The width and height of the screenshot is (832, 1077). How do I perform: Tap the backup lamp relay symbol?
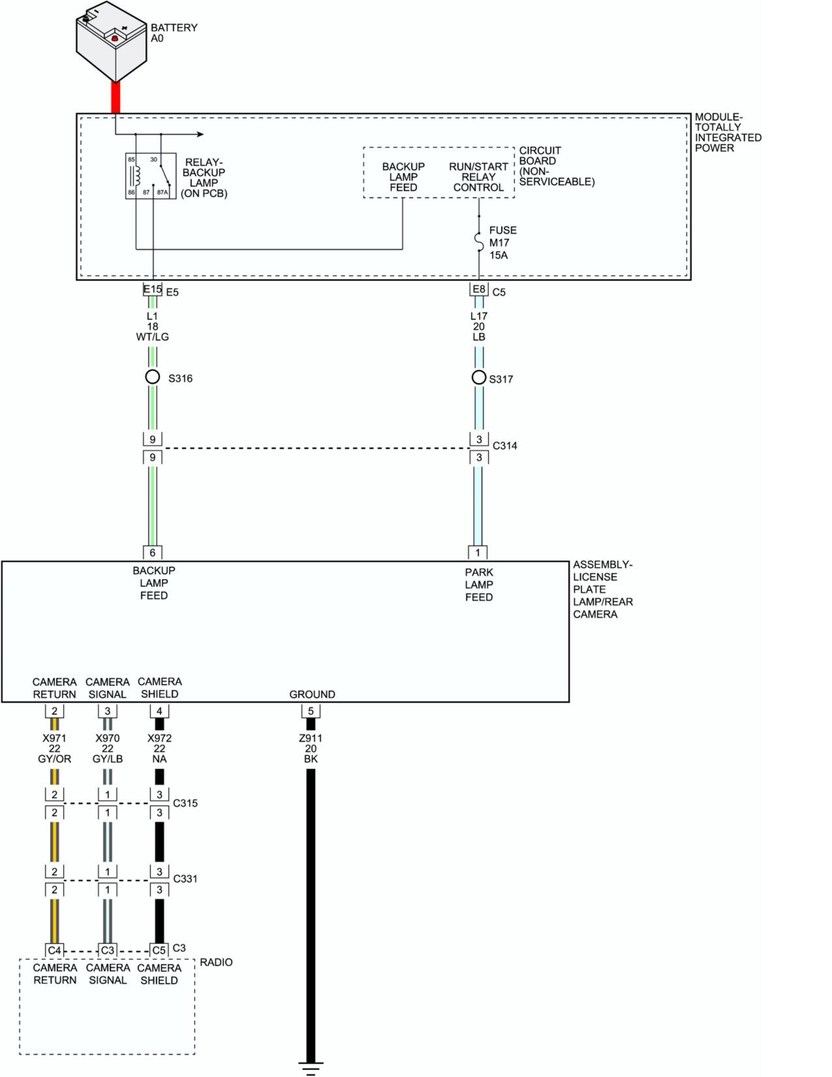[150, 176]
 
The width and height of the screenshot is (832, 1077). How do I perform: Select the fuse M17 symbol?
[479, 241]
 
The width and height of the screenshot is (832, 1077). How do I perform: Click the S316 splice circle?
[153, 377]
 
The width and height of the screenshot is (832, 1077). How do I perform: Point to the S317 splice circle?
[479, 377]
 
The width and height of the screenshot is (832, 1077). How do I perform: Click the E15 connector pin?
[153, 289]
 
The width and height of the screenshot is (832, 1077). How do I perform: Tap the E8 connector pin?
[479, 289]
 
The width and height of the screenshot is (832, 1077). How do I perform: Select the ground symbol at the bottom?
[311, 1068]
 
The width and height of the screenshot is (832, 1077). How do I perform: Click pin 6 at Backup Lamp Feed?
[153, 552]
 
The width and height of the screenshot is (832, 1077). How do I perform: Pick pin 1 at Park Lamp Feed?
[478, 552]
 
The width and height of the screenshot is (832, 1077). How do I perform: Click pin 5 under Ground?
[311, 711]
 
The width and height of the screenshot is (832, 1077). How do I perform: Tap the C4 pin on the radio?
[55, 950]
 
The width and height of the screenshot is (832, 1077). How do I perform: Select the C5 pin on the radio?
[159, 950]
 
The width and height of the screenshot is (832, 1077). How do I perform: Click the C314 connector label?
[504, 446]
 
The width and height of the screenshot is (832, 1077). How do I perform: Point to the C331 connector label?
[185, 879]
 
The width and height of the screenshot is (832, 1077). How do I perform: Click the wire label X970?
[107, 738]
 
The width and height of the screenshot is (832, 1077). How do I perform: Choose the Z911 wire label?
[311, 738]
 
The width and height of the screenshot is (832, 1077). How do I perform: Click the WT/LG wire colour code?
[153, 337]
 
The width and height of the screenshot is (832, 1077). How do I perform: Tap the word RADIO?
[216, 962]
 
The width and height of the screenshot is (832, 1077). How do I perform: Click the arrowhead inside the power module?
[200, 134]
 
